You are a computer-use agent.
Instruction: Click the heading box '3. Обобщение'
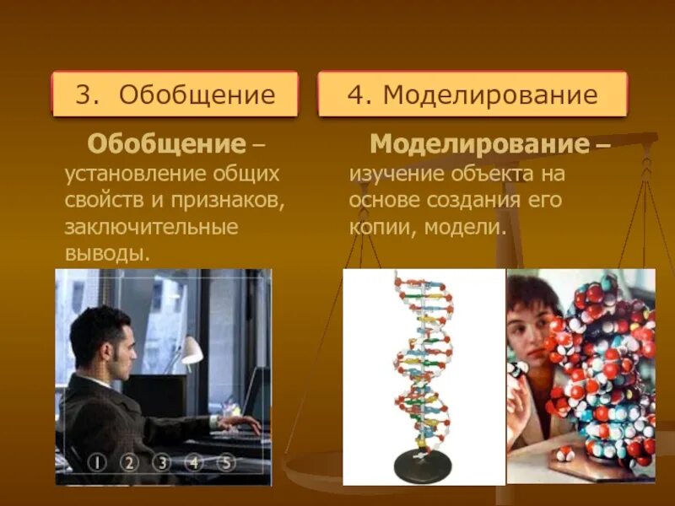(x=175, y=94)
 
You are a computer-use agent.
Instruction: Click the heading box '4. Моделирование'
(x=472, y=94)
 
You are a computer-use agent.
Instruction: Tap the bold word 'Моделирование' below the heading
(x=478, y=143)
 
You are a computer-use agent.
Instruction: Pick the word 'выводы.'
(x=107, y=252)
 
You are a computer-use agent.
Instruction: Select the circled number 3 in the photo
(x=161, y=462)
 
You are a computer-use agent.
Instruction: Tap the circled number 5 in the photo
(x=225, y=462)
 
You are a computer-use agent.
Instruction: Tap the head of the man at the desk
(x=100, y=336)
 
